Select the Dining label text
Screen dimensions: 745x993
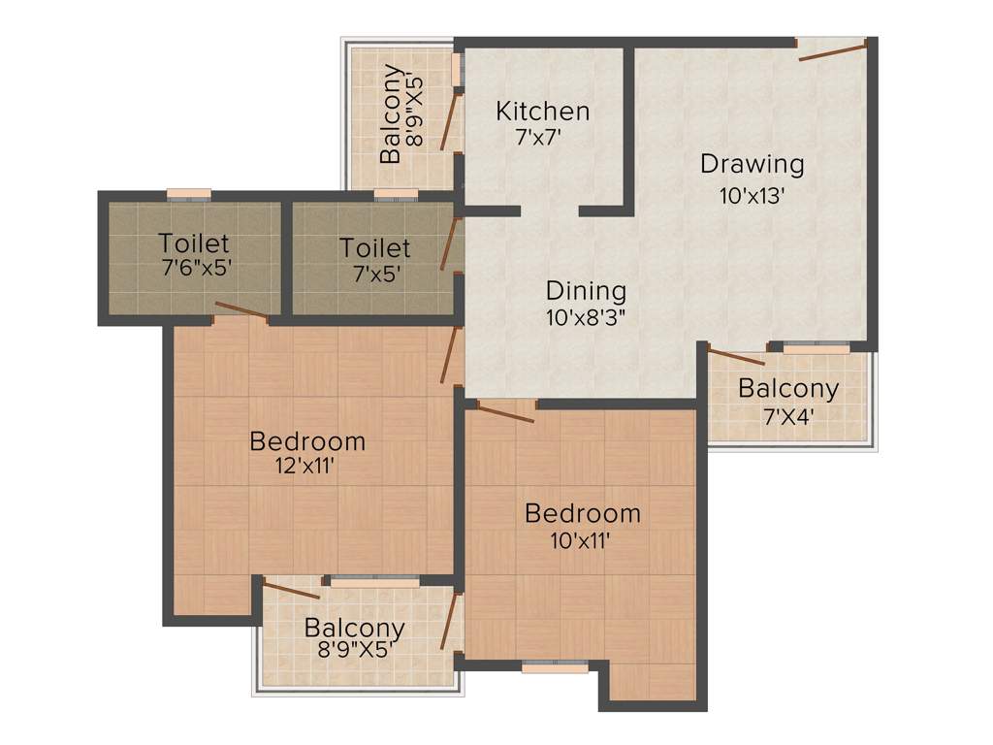tap(586, 290)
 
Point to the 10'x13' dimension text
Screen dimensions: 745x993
tap(752, 195)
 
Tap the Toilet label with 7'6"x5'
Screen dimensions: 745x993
tap(194, 243)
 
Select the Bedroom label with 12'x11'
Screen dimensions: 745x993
tap(307, 441)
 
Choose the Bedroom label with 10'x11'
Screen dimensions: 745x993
tap(583, 513)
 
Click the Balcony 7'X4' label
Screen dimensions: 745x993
tap(788, 389)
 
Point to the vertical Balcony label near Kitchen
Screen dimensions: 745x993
tap(392, 113)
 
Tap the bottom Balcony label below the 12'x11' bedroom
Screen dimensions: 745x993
tap(354, 627)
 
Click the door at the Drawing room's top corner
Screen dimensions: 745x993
tap(832, 50)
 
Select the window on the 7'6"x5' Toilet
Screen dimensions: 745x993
tap(188, 194)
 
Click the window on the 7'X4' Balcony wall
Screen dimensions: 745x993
tap(817, 346)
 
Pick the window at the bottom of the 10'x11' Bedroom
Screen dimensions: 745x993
tap(555, 667)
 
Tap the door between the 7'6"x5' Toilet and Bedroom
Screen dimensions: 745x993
tap(241, 310)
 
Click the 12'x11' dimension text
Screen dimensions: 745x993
tap(305, 466)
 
